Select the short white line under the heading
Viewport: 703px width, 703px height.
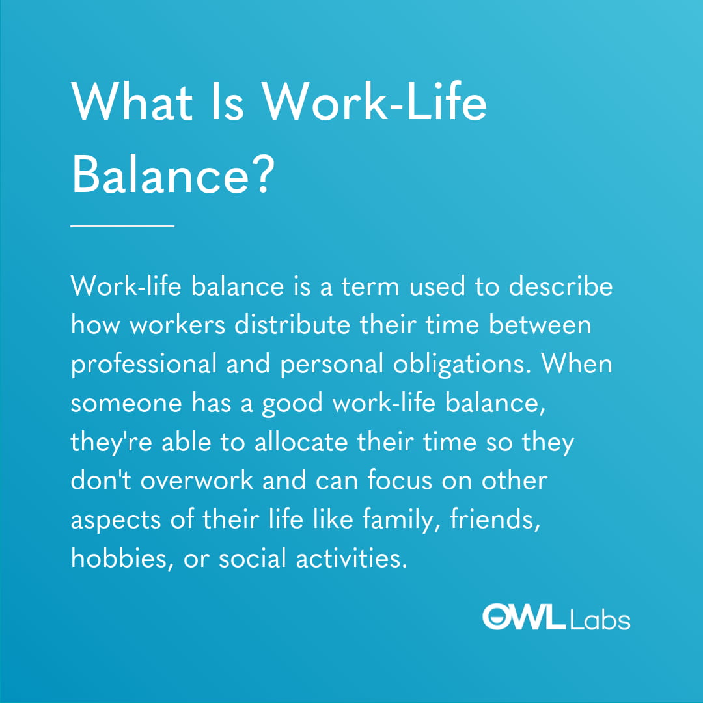[122, 225]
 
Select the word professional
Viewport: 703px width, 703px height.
[143, 365]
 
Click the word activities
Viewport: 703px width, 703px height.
[351, 558]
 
